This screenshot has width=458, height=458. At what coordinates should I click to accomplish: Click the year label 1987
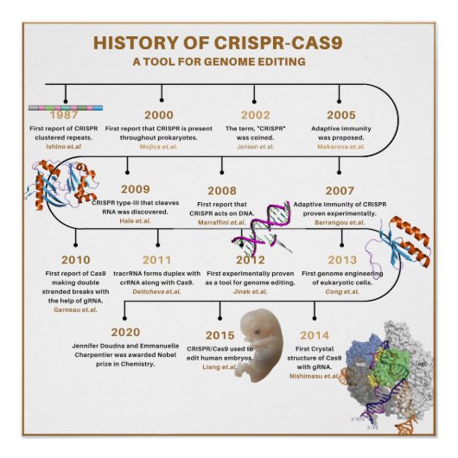coord(64,115)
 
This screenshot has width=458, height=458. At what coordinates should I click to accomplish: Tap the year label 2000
coord(158,115)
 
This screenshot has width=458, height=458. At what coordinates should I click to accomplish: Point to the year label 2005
coord(340,115)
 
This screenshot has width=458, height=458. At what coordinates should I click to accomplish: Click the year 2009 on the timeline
coord(135,189)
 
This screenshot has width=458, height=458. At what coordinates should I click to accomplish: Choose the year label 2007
coord(340,189)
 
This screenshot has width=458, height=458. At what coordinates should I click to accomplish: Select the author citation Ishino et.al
coord(64,147)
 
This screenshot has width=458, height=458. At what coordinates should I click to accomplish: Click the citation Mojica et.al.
coord(158,147)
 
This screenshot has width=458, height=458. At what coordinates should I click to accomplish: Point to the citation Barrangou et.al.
coord(341,220)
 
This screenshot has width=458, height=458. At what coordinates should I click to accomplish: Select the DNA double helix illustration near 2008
coord(263,229)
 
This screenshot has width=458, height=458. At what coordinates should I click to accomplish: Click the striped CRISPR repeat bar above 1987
coord(66,106)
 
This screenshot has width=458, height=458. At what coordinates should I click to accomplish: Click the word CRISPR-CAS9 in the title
coord(299,43)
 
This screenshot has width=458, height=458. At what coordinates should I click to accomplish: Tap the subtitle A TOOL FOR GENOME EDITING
coord(219,61)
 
